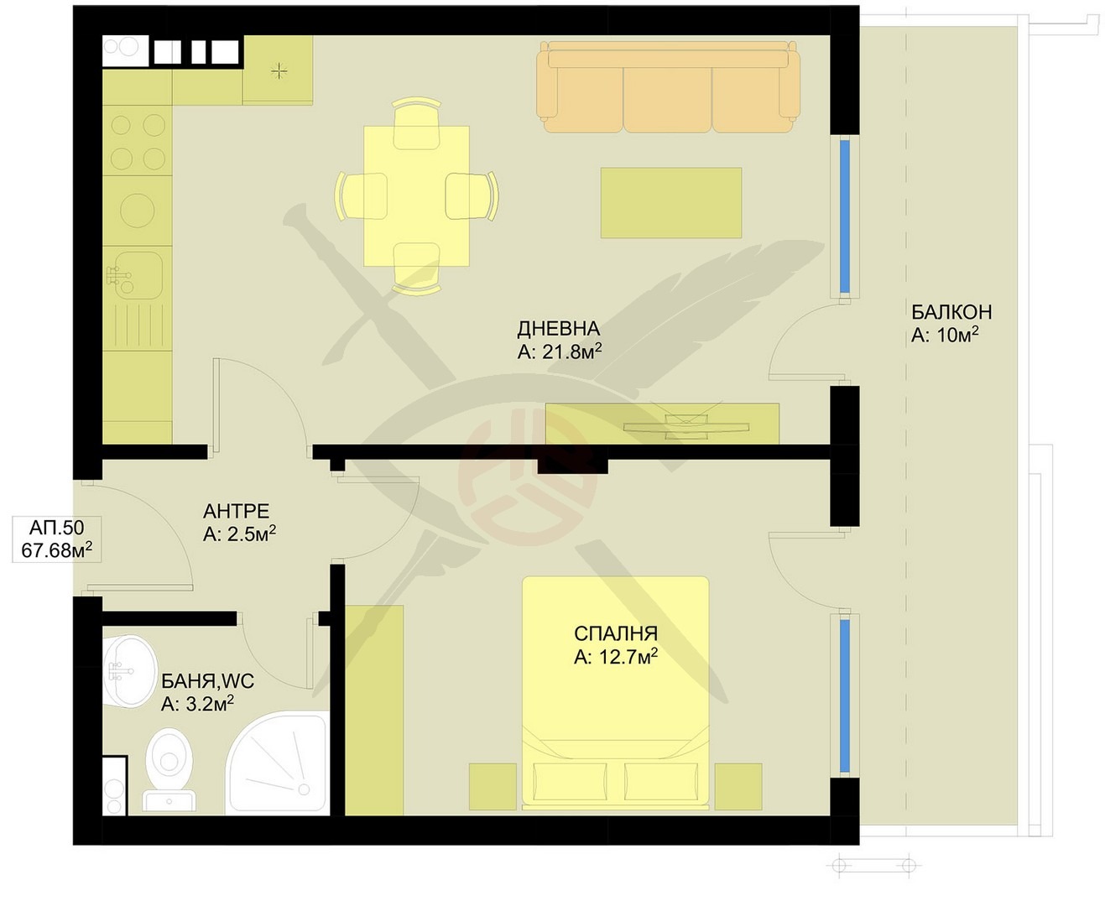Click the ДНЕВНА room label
point(558,329)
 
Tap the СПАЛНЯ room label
point(615,634)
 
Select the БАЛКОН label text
point(951,312)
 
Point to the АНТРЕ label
point(236,511)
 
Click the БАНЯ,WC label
point(207,681)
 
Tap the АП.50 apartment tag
point(56,528)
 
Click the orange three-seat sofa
point(668,87)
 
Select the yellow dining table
point(416,196)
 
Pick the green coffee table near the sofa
point(671,203)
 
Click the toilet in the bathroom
point(169,769)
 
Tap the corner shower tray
point(278,763)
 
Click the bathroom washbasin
point(129,671)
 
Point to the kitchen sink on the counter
point(135,276)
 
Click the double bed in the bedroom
point(616,693)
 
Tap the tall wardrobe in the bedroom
point(374,710)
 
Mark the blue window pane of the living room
point(845,216)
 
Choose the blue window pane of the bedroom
point(845,696)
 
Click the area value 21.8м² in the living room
point(560,351)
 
